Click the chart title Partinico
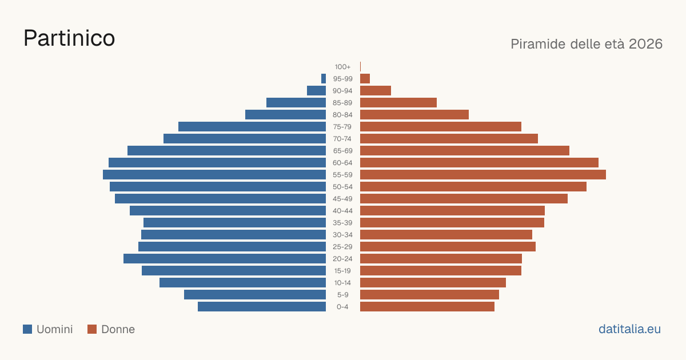point(69,38)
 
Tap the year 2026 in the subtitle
point(645,44)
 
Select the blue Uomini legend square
point(27,329)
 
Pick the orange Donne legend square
point(92,329)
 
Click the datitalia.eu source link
point(629,329)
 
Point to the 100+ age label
point(342,67)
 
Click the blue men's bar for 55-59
point(214,175)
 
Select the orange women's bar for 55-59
point(483,175)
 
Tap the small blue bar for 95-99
point(324,79)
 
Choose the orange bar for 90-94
point(376,91)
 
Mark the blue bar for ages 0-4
point(262,307)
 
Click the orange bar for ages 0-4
point(427,307)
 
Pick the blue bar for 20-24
point(225,259)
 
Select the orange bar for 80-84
point(414,115)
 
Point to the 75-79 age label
point(342,127)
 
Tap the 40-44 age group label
point(342,211)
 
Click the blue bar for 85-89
point(296,102)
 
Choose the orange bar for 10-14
point(433,282)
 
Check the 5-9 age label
point(342,295)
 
